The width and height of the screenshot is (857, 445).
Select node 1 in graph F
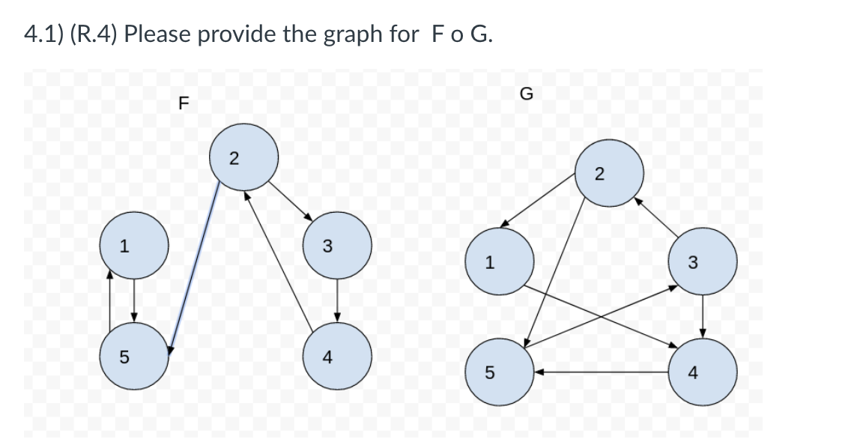(x=134, y=244)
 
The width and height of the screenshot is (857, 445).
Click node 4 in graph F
(x=337, y=357)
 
